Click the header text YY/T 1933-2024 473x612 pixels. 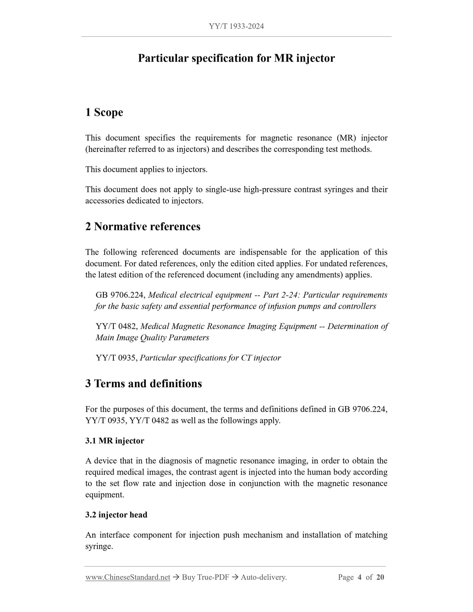[236, 27]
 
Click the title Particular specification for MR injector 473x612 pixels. [236, 58]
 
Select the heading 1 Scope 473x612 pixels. [104, 112]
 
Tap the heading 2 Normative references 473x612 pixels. [143, 226]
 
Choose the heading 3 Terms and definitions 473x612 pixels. [143, 383]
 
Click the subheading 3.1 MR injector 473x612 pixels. [115, 441]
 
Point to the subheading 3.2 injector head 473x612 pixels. [116, 515]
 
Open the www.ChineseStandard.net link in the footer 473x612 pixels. [128, 577]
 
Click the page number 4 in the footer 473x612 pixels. [359, 577]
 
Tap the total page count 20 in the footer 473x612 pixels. [380, 577]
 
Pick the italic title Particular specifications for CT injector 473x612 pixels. [210, 358]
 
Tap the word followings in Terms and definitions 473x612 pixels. [228, 421]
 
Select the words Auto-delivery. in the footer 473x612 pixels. [264, 577]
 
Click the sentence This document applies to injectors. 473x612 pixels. [146, 170]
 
